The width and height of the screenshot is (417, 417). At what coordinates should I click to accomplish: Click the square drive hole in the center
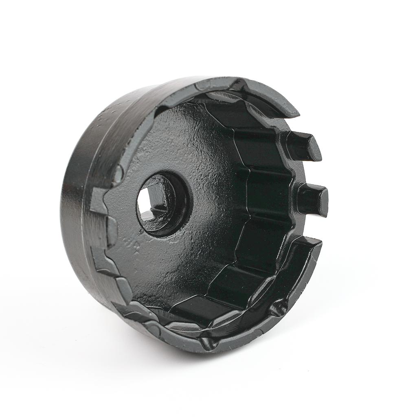click(154, 202)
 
